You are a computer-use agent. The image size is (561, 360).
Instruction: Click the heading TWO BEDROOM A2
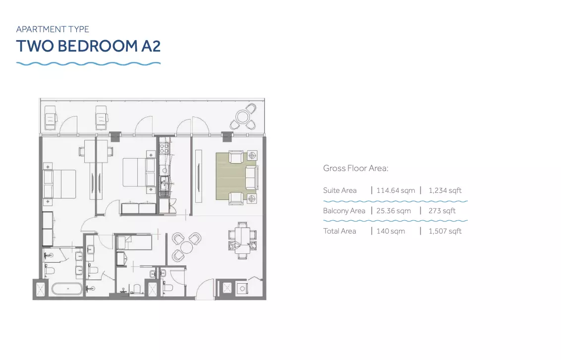pos(88,46)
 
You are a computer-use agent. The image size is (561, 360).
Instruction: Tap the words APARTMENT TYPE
pos(53,29)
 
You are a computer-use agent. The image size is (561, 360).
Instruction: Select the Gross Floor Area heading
pos(356,168)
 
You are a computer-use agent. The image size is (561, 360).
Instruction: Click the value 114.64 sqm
pos(395,190)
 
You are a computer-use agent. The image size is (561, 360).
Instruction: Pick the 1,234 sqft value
pos(445,190)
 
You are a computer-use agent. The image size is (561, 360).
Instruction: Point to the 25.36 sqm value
pos(393,211)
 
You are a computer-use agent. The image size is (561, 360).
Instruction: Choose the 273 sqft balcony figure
pos(442,211)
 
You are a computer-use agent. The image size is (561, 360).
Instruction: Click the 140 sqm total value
pos(391,231)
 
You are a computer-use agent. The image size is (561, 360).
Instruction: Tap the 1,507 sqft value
pos(445,231)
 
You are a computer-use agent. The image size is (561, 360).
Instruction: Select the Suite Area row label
pos(340,190)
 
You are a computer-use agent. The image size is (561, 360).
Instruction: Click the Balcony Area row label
pos(344,211)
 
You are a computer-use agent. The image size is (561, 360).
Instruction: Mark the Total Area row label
pos(339,231)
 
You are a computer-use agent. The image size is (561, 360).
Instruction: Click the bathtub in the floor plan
pos(67,289)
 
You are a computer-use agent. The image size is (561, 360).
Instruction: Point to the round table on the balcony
pos(243,117)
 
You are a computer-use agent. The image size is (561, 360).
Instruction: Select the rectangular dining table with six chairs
pos(242,240)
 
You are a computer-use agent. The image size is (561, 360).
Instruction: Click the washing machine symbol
pos(242,288)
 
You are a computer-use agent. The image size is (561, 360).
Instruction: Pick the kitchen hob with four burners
pos(164,148)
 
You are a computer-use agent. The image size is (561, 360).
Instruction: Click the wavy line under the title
pos(88,63)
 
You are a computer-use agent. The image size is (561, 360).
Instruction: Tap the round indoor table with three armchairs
pos(186,247)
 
